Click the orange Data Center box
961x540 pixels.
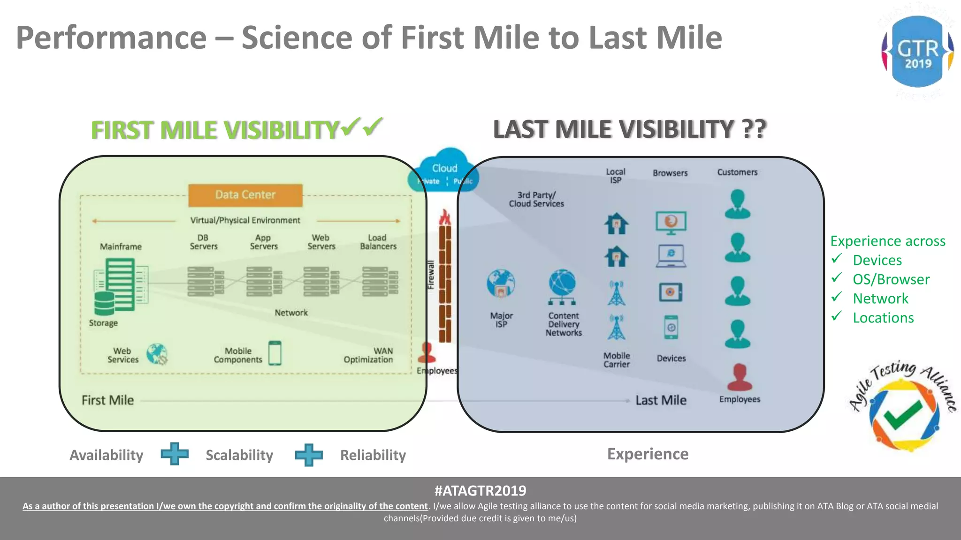[x=245, y=195]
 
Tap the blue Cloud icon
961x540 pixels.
[x=443, y=172]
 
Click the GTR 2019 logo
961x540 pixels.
[x=917, y=52]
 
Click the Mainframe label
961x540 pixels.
[x=121, y=247]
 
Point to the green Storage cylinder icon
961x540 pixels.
[x=104, y=303]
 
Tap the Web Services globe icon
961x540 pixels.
[x=157, y=354]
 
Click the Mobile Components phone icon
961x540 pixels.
[x=275, y=353]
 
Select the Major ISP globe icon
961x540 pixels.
[x=501, y=284]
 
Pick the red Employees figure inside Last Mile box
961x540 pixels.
[x=740, y=377]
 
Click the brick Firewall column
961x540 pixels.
[x=445, y=281]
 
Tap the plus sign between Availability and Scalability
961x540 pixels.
[x=175, y=454]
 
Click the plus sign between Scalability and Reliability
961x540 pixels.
[x=308, y=455]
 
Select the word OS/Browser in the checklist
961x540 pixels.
[x=891, y=279]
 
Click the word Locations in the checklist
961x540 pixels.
[x=883, y=318]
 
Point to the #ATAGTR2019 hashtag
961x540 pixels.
[x=480, y=491]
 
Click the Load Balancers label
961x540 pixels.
[x=378, y=242]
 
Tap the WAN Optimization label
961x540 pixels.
[x=368, y=355]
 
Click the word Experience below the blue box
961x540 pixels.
[x=648, y=454]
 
